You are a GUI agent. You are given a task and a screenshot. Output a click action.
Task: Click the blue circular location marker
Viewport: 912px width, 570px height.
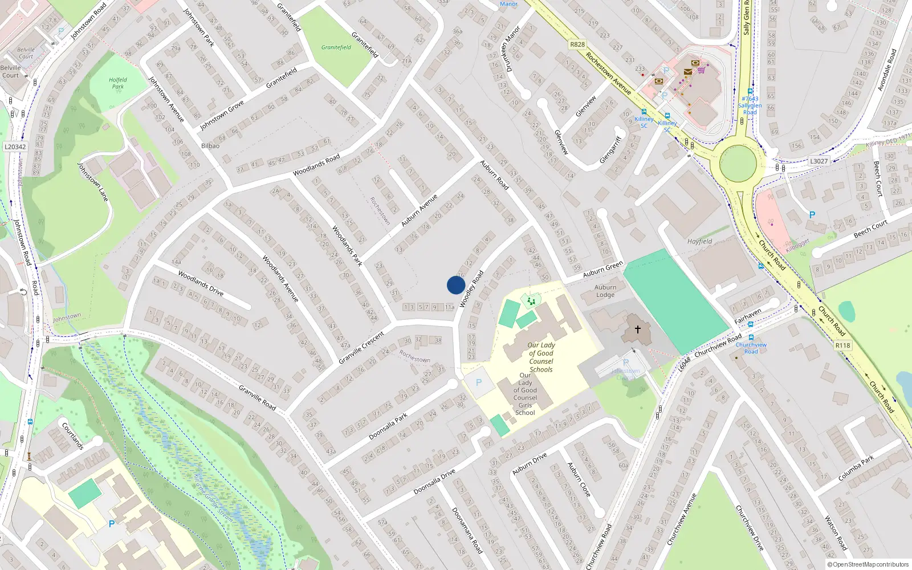[x=456, y=285]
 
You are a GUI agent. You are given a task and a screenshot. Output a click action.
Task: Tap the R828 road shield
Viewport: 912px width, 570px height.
[x=577, y=44]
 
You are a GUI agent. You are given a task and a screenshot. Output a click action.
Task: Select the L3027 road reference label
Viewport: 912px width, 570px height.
[x=819, y=161]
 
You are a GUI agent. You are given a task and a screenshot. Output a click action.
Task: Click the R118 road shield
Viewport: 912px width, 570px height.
[x=842, y=345]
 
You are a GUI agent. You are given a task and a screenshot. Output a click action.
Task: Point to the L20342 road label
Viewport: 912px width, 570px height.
[x=15, y=146]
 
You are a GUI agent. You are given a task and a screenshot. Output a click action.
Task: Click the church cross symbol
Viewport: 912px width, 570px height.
[x=637, y=329]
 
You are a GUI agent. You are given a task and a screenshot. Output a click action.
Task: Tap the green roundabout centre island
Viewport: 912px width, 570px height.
[x=738, y=163]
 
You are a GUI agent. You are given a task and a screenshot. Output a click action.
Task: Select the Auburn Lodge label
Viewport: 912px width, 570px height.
[x=605, y=291]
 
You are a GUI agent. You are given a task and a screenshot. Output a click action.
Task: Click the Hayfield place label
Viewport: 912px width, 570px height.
[x=699, y=242]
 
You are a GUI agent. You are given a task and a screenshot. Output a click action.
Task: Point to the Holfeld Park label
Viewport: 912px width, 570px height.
[x=118, y=83]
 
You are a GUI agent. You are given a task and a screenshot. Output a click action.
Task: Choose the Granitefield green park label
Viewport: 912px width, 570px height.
[x=336, y=47]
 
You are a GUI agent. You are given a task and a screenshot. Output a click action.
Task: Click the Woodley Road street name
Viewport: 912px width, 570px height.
[x=471, y=289]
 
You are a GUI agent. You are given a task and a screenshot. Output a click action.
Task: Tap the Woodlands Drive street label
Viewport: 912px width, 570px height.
[x=201, y=283]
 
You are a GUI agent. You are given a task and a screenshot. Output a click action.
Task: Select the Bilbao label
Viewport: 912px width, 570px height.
[x=210, y=146]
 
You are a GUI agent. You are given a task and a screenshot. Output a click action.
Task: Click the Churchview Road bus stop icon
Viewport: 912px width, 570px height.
[x=751, y=337]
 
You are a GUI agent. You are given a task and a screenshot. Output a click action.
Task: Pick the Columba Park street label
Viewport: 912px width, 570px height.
[x=856, y=469]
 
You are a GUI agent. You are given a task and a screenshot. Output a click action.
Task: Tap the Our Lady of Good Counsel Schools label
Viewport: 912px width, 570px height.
[x=541, y=357]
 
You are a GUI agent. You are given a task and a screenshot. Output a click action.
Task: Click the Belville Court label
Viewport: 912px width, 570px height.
[x=11, y=71]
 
